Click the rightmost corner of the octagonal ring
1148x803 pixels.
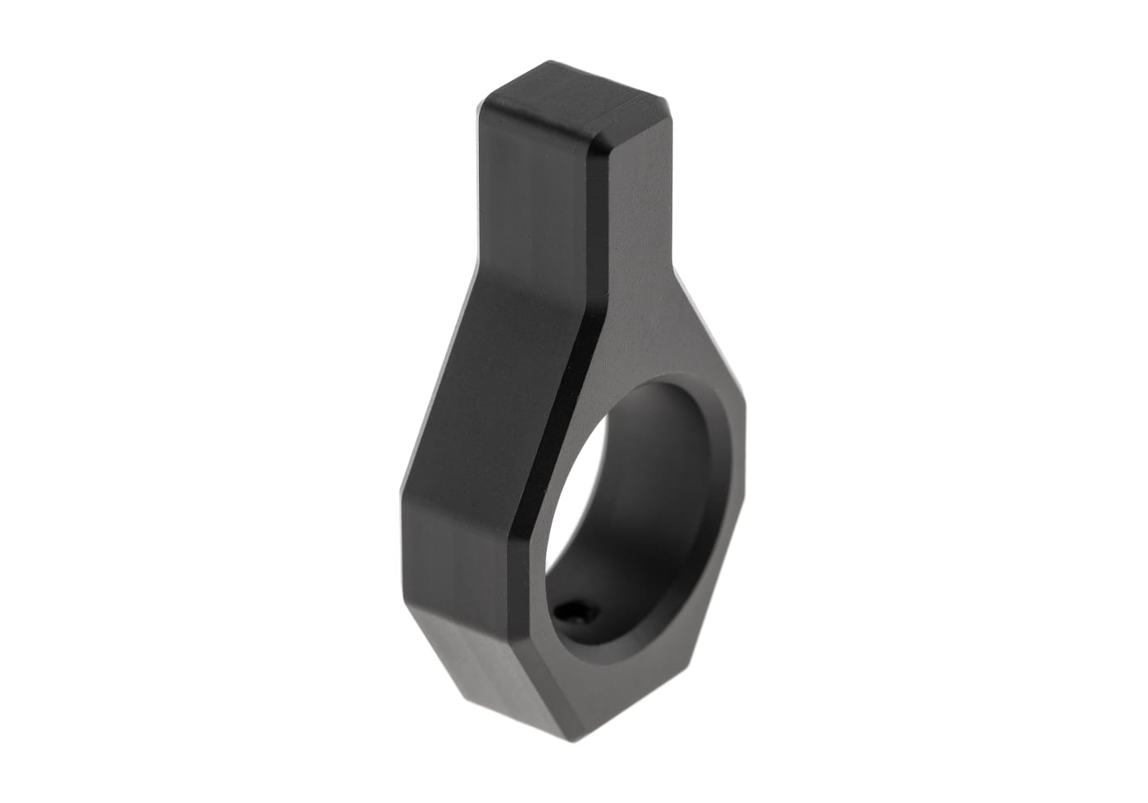click(747, 459)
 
